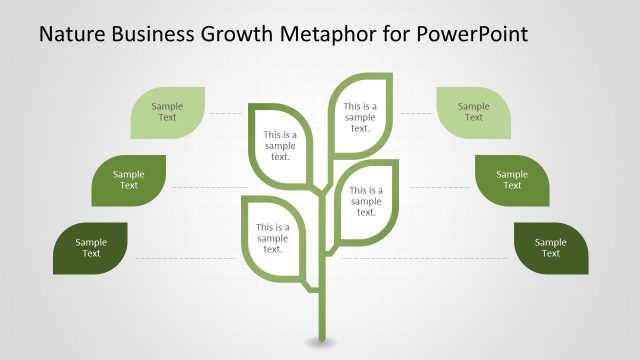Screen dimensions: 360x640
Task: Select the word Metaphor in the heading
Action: (337, 35)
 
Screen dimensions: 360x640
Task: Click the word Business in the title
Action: (153, 35)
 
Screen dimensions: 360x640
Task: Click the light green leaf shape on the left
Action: (168, 112)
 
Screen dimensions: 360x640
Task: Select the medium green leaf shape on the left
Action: (128, 180)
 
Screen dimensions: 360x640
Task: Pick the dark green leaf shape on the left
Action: (90, 248)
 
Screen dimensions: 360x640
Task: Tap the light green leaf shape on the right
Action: (474, 112)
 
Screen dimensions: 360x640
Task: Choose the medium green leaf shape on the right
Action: (512, 180)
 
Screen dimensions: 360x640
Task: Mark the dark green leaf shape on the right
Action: (550, 248)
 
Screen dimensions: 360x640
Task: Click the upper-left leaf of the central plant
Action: (280, 146)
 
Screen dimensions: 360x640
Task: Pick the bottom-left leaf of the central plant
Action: (272, 237)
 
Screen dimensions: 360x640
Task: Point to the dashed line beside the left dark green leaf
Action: (185, 258)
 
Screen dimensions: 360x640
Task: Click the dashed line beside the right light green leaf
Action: (417, 113)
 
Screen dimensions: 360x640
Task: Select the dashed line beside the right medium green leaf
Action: (440, 187)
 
